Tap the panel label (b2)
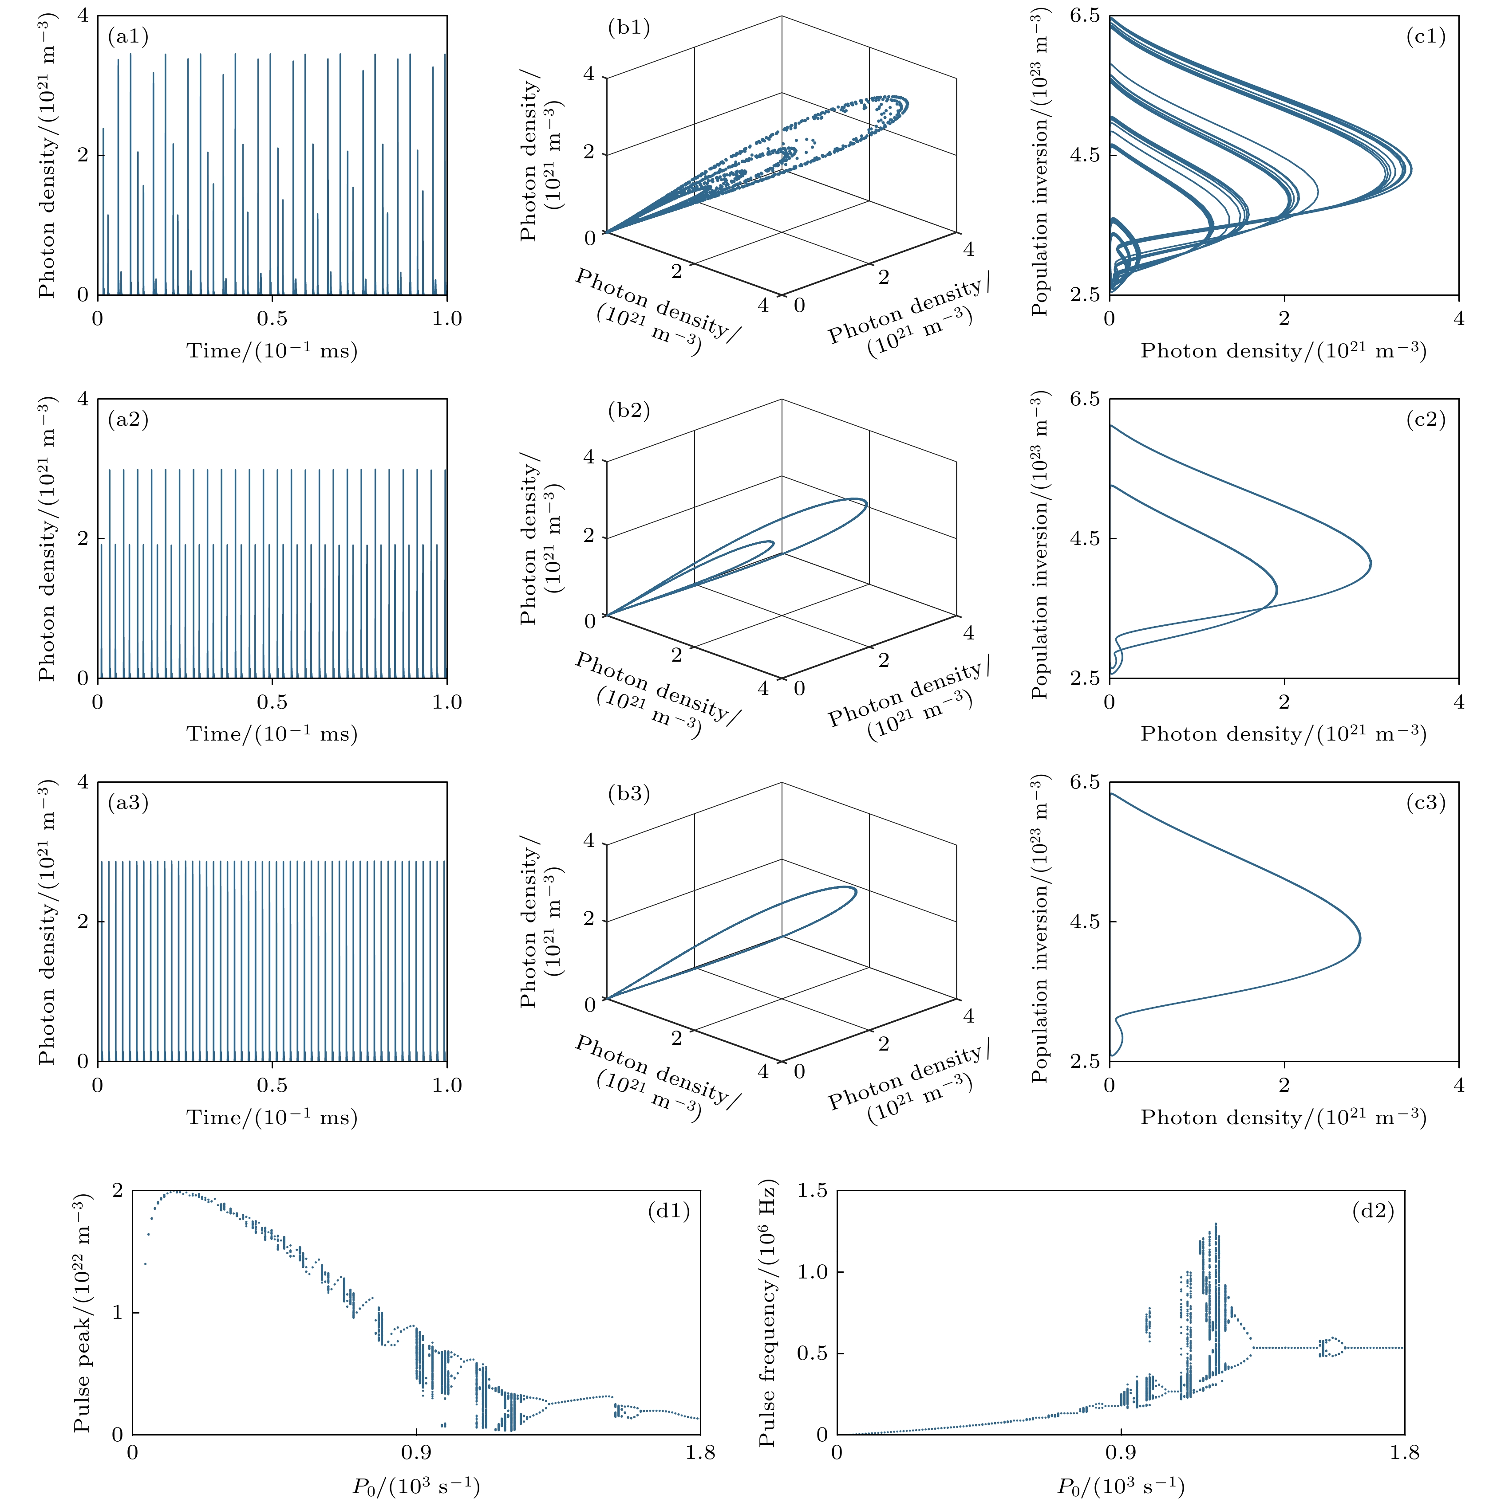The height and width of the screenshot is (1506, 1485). pyautogui.click(x=628, y=410)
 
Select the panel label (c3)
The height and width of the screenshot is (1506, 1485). pyautogui.click(x=1426, y=803)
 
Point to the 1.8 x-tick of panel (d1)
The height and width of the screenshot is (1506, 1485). pyautogui.click(x=699, y=1452)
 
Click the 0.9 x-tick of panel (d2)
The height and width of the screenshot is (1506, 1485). pyautogui.click(x=1121, y=1452)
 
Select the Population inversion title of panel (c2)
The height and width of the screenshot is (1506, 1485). pyautogui.click(x=1039, y=545)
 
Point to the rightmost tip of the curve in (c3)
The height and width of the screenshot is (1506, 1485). pyautogui.click(x=1359, y=938)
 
